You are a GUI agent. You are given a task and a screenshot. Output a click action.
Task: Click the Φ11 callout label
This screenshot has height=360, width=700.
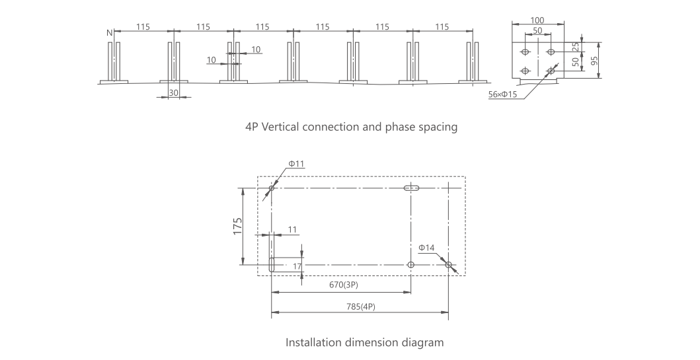[296, 164]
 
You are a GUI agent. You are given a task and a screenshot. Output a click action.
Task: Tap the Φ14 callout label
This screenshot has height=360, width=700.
[426, 248]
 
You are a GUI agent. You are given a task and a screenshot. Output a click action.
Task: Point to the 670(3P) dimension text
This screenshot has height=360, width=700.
[344, 285]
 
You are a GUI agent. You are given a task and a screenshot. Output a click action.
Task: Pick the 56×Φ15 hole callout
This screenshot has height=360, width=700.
[502, 94]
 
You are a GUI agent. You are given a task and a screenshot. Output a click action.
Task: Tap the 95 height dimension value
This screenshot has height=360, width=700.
[594, 61]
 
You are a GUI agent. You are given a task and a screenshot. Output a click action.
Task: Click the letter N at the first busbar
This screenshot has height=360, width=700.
[109, 32]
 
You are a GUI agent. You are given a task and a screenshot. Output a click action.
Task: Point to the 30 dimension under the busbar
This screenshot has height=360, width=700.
[173, 93]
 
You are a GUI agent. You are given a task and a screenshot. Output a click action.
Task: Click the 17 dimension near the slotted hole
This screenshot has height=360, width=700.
[297, 266]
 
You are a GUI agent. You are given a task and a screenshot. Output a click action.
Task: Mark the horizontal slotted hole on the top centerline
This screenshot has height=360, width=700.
[412, 188]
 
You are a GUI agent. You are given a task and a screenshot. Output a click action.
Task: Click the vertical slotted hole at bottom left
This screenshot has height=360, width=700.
[272, 264]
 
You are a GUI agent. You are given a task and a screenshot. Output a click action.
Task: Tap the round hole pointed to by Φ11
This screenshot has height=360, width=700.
[271, 188]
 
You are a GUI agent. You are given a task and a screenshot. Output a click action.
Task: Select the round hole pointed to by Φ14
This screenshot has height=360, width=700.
[448, 265]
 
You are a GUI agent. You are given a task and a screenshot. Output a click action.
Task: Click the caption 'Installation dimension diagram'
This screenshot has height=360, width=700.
[364, 343]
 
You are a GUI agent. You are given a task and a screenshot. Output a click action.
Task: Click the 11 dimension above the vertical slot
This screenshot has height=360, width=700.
[292, 229]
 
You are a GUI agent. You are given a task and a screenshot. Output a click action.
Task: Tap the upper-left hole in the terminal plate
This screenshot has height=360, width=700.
[525, 52]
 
